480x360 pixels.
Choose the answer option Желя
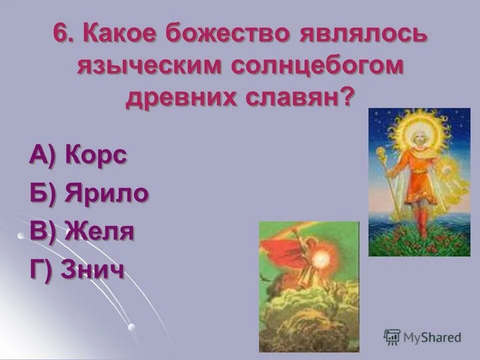tap(99, 232)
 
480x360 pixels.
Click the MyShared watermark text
tap(433, 337)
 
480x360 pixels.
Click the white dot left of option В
tap(20, 234)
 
